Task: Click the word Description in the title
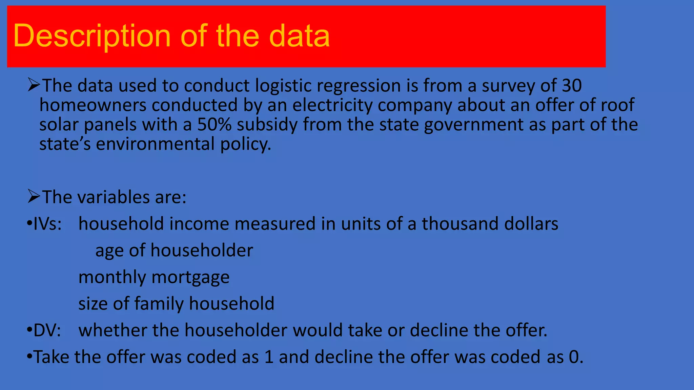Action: point(91,36)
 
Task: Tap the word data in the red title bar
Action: point(299,36)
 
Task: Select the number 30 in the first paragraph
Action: point(572,85)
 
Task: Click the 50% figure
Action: point(214,124)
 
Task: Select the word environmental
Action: point(156,144)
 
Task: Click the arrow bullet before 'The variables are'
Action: point(34,196)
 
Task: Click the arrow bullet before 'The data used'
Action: point(34,85)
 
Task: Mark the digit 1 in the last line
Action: point(269,357)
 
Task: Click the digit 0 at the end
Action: point(574,357)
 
